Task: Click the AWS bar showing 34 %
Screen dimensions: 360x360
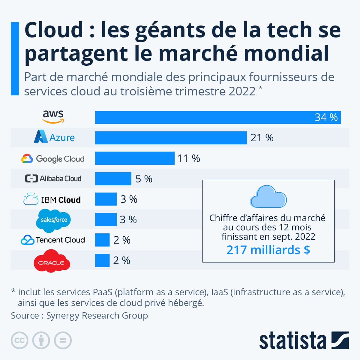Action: coord(218,117)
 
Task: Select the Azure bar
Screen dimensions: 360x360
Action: coord(171,138)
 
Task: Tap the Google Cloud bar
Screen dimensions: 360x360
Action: coord(135,158)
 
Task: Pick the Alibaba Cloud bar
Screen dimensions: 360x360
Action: coord(113,178)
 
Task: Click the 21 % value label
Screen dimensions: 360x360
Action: coord(262,138)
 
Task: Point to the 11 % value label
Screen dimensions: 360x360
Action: coord(189,158)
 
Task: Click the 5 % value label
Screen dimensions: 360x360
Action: coord(144,179)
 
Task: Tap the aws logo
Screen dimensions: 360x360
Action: coord(53,116)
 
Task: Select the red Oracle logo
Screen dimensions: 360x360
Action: coord(52,261)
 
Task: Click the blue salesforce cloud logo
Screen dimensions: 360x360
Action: coord(54,220)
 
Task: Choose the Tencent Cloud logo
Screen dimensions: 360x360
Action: coord(53,240)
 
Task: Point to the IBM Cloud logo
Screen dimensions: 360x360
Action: coord(52,199)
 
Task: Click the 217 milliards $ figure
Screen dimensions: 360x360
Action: coord(268,250)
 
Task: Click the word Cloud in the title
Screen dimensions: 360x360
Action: coord(54,30)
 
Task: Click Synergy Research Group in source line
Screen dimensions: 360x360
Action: coord(97,316)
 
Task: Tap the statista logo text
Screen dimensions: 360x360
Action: coord(292,341)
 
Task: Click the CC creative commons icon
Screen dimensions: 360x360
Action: coord(19,340)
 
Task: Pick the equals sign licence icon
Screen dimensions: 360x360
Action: coord(63,340)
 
